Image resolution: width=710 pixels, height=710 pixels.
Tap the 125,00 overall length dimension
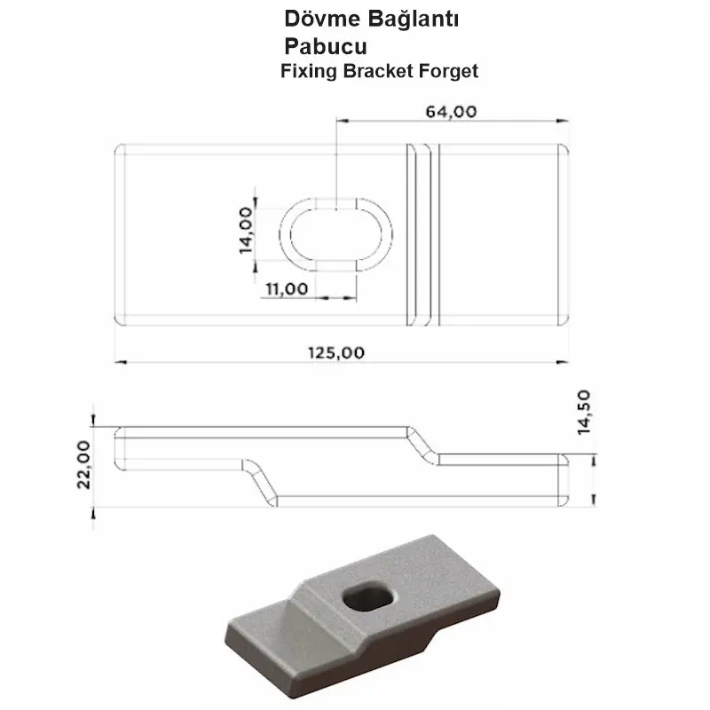pyautogui.click(x=338, y=352)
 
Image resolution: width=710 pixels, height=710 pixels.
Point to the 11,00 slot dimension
pyautogui.click(x=286, y=288)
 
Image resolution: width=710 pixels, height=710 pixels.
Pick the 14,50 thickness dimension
pyautogui.click(x=583, y=413)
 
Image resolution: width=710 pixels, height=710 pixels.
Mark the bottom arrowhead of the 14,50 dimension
pyautogui.click(x=593, y=501)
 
